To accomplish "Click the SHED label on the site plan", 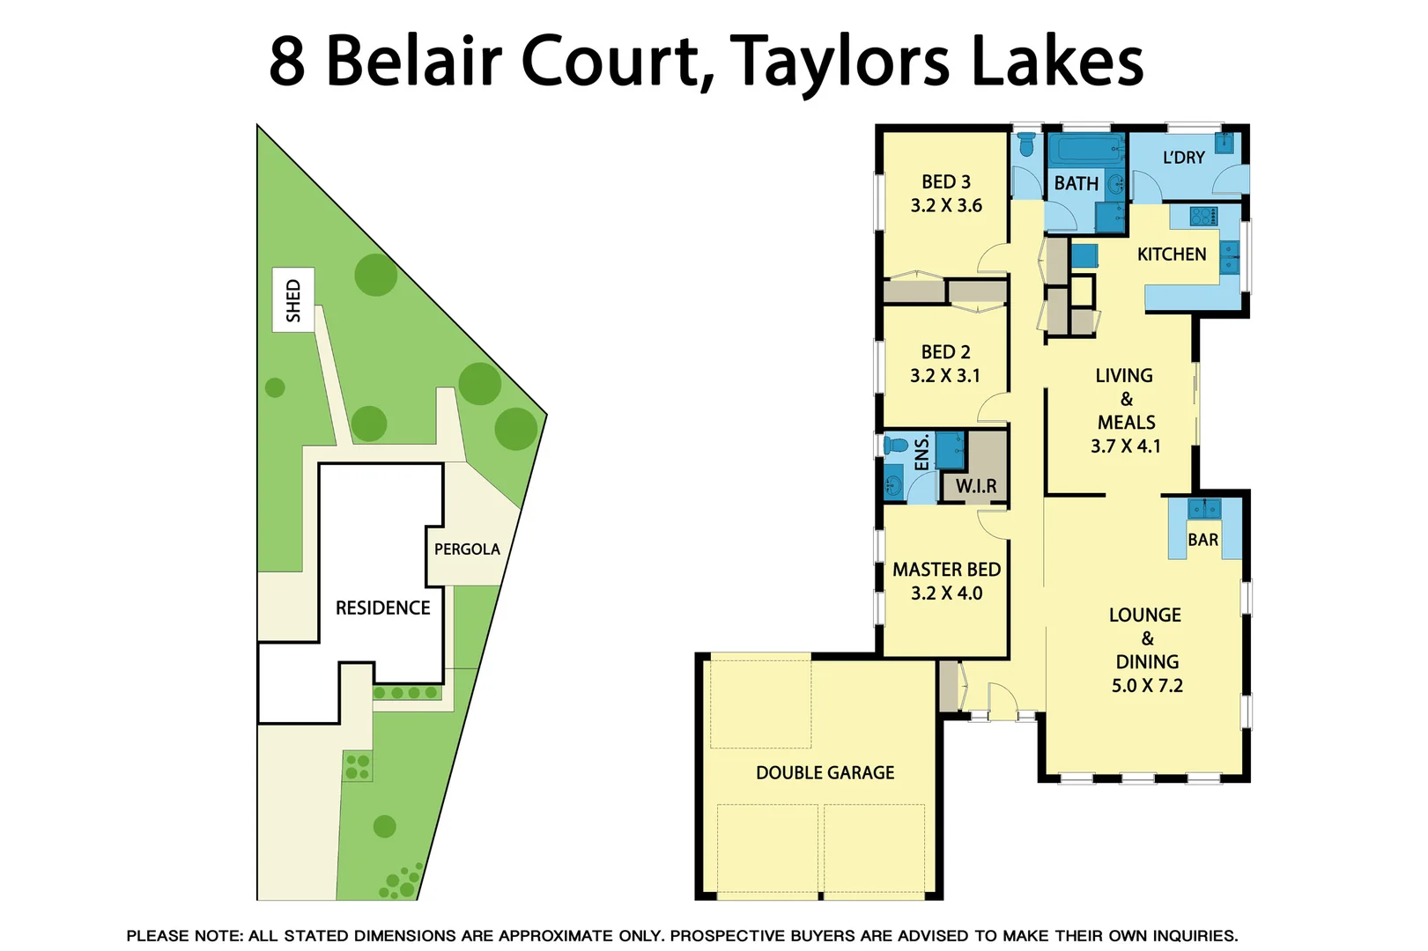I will coord(293,300).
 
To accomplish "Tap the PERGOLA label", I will coord(467,549).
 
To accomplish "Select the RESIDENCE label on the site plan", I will coord(382,608).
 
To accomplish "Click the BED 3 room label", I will coord(946,182).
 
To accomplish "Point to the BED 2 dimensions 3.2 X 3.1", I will coord(945,376).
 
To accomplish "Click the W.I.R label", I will coord(976,486).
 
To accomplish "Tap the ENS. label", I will coord(922,453).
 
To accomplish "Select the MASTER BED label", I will coord(947,570).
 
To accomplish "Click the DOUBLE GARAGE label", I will coord(825,773).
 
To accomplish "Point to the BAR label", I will coord(1203,540).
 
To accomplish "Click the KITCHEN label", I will coord(1172,254).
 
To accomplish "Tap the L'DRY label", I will coord(1184,158).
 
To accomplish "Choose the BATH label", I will coord(1077,184).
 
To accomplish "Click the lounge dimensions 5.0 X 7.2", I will coord(1147,686).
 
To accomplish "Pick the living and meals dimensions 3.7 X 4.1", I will coord(1126,446).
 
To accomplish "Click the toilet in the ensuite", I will coord(895,445).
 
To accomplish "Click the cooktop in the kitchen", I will coord(1203,216).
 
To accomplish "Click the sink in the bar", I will coord(1204,509).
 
